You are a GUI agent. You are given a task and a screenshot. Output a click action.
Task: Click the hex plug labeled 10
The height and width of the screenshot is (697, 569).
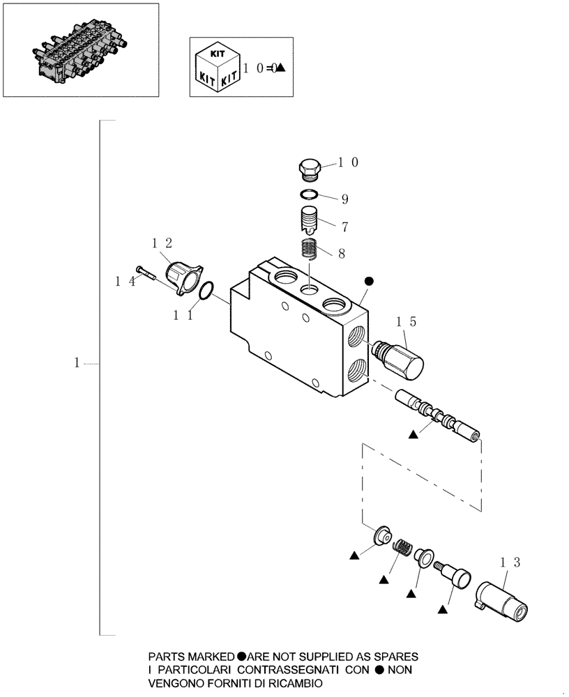[x=308, y=169]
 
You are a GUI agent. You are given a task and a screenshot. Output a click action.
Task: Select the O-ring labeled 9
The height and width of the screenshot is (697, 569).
[x=310, y=194]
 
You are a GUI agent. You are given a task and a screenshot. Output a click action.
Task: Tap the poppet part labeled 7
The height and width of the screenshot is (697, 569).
[x=308, y=220]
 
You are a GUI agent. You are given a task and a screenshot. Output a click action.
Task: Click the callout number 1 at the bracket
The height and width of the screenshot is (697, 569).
[x=78, y=363]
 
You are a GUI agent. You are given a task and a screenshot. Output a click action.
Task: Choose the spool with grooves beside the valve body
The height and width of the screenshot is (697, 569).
[x=437, y=417]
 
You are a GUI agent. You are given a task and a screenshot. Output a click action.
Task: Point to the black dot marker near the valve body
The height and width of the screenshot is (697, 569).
[x=370, y=281]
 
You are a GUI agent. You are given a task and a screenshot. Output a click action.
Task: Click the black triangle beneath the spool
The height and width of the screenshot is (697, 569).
[x=413, y=434]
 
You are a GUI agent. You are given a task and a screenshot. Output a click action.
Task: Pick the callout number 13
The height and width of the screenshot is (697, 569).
[x=510, y=561]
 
